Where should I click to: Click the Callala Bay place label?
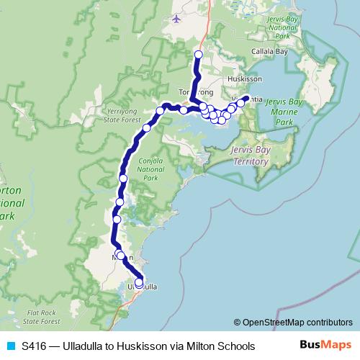coord(270,52)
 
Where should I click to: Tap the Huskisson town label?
coord(242,79)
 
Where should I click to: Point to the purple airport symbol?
coord(178,18)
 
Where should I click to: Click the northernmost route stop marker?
coord(199,55)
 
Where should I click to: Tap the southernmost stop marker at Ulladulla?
coord(139,283)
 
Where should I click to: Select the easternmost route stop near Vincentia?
coord(246,99)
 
